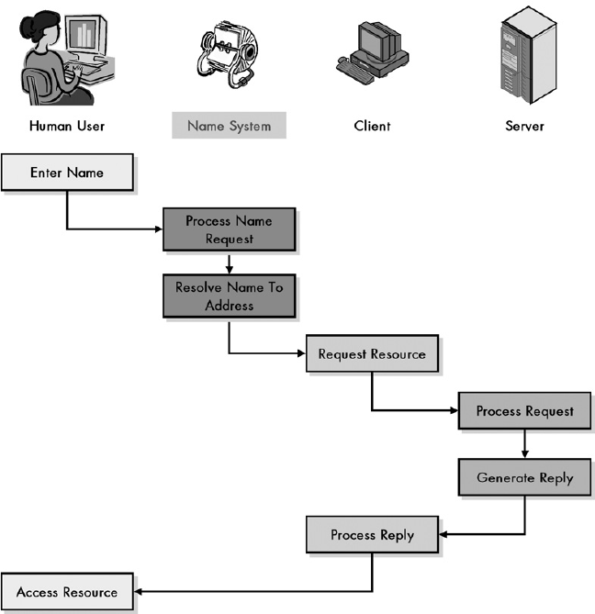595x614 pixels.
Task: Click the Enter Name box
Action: pyautogui.click(x=67, y=173)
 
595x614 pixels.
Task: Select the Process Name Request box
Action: pyautogui.click(x=229, y=229)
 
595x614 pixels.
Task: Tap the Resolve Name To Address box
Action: pyautogui.click(x=229, y=296)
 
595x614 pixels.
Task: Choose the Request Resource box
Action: pyautogui.click(x=372, y=354)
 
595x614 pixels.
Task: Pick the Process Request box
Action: pyautogui.click(x=524, y=411)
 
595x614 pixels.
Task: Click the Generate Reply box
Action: pyautogui.click(x=524, y=478)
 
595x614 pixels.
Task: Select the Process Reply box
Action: pyautogui.click(x=372, y=535)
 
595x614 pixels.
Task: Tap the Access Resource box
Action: pyautogui.click(x=67, y=592)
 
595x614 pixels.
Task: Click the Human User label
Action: pyautogui.click(x=67, y=126)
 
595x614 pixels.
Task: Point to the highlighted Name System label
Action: pyautogui.click(x=229, y=126)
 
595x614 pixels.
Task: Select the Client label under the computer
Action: pyautogui.click(x=372, y=126)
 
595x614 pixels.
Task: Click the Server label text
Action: pyautogui.click(x=524, y=126)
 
